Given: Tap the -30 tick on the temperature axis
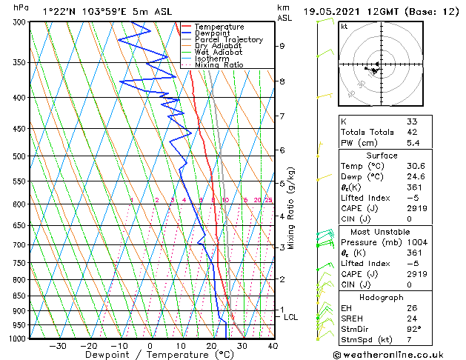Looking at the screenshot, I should [57, 345].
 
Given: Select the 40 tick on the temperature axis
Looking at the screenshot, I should [273, 345].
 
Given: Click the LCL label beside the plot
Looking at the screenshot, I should [291, 317].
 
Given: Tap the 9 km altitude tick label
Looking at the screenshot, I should [282, 46].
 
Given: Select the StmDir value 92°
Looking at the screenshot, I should [413, 329].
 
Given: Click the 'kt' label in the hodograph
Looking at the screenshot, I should [344, 26].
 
